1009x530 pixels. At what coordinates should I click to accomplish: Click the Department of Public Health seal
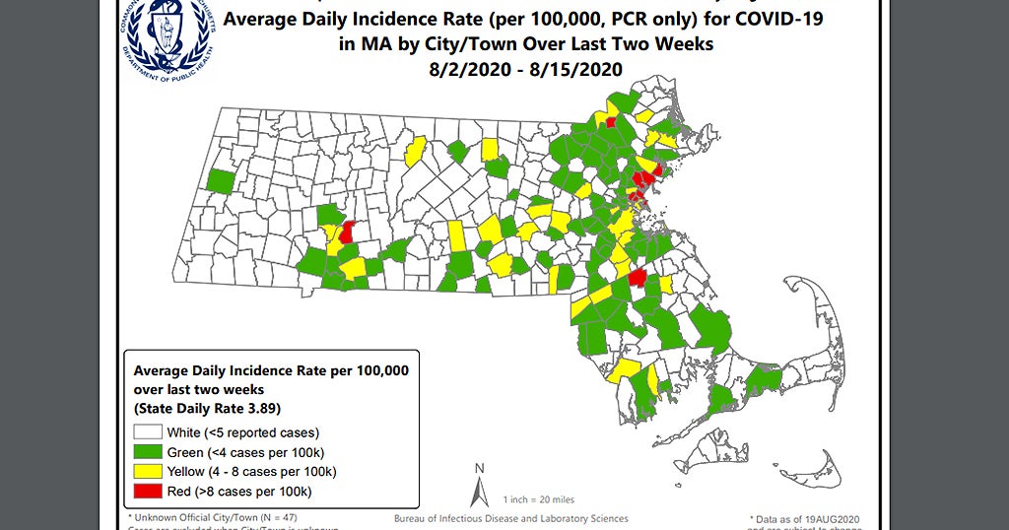(x=167, y=38)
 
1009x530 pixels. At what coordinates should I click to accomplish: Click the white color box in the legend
(x=148, y=431)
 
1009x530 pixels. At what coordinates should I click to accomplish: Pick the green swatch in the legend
(x=148, y=451)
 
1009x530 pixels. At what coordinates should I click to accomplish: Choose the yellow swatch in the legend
(x=148, y=471)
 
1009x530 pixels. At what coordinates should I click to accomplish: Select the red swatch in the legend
(x=148, y=491)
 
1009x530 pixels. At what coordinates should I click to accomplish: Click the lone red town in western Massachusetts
(x=346, y=232)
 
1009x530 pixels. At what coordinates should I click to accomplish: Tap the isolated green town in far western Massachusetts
(x=220, y=181)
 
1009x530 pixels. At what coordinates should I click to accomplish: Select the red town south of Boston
(x=638, y=280)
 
